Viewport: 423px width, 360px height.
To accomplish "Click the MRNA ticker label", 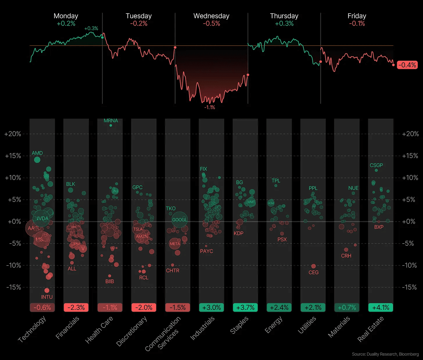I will [111, 120].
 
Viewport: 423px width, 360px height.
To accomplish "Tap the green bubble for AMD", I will [37, 160].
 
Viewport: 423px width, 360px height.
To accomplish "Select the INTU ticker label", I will [47, 297].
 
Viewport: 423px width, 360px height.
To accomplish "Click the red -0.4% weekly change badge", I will [407, 65].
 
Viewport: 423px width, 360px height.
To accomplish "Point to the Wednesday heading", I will [211, 16].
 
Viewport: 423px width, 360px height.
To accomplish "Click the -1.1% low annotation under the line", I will [209, 107].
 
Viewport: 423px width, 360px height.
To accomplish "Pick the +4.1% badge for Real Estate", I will [381, 307].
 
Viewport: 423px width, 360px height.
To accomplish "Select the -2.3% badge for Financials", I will [76, 307].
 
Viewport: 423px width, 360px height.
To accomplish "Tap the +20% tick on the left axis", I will [13, 134].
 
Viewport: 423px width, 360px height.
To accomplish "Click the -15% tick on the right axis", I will [409, 287].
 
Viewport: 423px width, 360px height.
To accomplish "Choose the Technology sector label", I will [32, 329].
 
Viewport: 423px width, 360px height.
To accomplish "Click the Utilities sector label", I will [307, 325].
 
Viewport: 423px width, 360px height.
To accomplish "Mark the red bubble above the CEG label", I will [313, 266].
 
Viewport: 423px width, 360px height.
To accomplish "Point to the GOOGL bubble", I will [180, 220].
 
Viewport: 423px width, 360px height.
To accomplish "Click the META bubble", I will [175, 244].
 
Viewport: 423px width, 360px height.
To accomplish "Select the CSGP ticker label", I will [376, 165].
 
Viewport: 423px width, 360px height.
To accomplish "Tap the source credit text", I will [385, 354].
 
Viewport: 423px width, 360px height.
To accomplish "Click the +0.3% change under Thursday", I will [284, 24].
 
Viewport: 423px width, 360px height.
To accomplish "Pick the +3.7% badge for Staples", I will [245, 307].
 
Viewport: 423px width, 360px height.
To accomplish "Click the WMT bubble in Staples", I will [251, 202].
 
